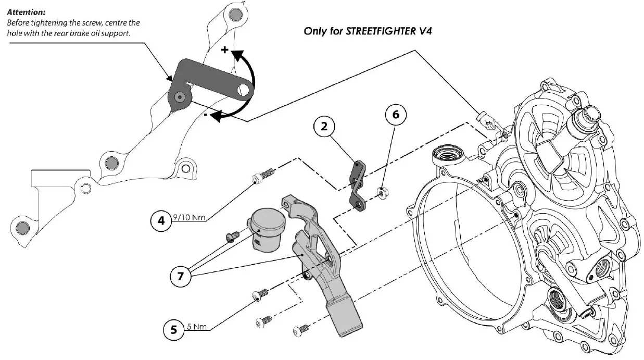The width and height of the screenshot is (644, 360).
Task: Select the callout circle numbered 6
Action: [396, 116]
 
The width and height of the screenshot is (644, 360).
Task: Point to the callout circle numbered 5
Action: [174, 329]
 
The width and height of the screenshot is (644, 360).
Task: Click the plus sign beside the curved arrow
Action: [225, 50]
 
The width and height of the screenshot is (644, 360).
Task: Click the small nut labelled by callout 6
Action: [382, 194]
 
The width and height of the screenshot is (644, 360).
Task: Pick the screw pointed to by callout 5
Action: [260, 294]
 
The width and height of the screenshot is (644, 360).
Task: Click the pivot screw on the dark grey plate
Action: [180, 96]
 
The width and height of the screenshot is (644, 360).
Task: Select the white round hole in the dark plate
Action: [243, 90]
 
